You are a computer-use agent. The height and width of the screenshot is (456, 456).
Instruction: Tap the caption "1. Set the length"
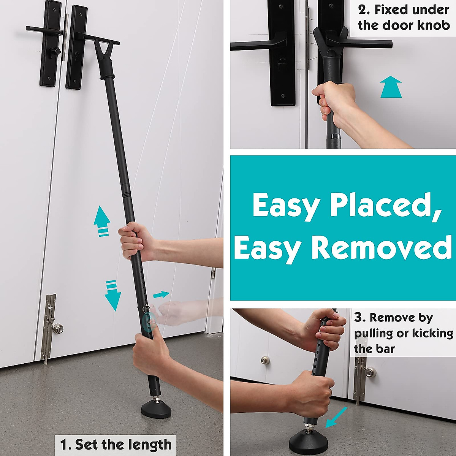click(116, 444)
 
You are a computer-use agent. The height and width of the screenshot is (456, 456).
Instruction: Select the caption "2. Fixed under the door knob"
click(403, 17)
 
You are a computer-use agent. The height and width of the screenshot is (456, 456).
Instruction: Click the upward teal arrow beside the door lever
click(391, 87)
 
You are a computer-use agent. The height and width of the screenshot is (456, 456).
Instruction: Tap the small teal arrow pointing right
click(161, 294)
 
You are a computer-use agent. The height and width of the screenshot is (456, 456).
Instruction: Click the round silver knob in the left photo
click(58, 328)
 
